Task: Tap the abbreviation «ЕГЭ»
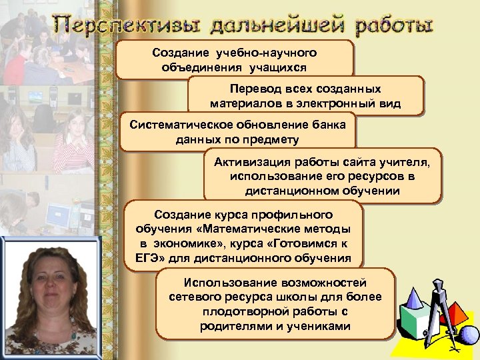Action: click(x=141, y=257)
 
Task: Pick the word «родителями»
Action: click(x=235, y=326)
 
